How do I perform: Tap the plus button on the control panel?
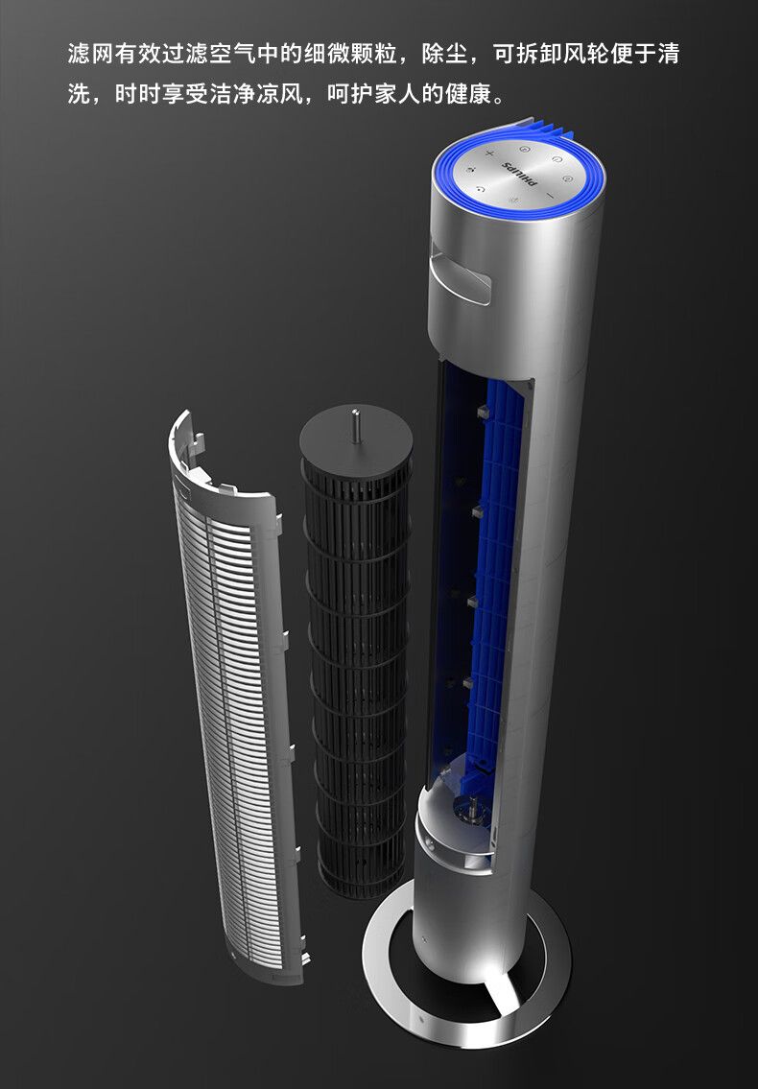point(489,153)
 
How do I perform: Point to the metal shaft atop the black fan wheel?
point(356,425)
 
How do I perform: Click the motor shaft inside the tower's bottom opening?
point(472,806)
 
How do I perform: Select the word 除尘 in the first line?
point(444,54)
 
